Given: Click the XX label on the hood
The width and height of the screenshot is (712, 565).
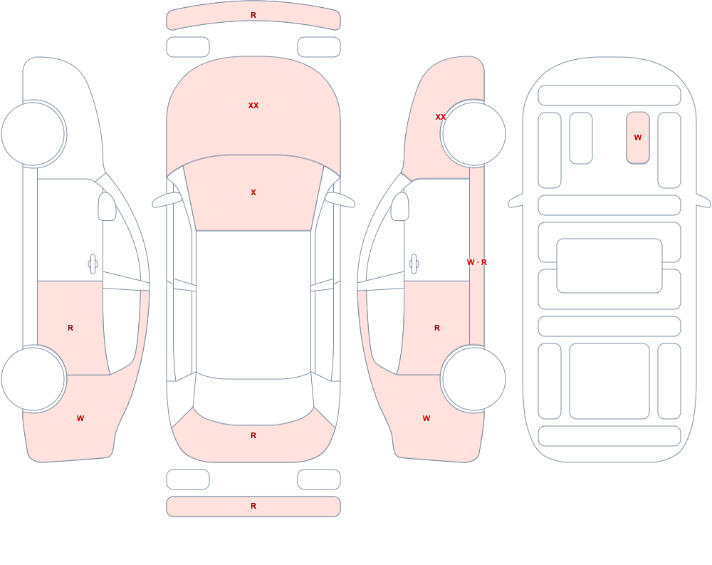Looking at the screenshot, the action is (253, 105).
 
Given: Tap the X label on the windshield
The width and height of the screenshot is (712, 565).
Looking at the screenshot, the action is (253, 193).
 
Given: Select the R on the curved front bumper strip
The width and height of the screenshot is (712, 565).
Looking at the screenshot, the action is (253, 15).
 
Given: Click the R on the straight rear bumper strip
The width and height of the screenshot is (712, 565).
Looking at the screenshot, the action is (253, 506).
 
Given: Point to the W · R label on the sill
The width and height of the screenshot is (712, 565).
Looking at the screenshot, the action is (477, 262).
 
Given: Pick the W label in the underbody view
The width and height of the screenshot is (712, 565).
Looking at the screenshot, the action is (638, 138).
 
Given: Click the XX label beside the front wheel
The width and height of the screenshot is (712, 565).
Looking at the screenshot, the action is (441, 117).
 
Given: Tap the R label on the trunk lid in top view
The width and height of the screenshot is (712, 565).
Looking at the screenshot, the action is (253, 435).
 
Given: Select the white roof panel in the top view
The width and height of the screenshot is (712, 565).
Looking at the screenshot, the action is (253, 304).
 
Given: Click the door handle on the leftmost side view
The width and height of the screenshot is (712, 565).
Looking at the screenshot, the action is (93, 264).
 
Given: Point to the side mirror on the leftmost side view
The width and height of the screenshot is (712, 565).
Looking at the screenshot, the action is (107, 207).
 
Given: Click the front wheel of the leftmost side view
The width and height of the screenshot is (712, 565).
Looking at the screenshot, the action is (33, 134).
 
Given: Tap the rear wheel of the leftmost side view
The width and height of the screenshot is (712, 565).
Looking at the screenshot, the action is (33, 378).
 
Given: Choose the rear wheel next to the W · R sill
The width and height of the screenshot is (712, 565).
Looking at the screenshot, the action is (473, 378).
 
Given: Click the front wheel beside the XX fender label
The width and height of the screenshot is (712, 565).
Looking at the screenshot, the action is (473, 134).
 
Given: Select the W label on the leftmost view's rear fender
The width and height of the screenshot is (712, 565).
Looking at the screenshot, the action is (80, 418).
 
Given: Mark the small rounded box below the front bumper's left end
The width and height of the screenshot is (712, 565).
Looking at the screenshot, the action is (188, 47).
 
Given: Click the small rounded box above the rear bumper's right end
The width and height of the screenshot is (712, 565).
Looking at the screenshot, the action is (319, 480).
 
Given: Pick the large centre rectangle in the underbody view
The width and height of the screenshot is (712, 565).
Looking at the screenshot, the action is (609, 266).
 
